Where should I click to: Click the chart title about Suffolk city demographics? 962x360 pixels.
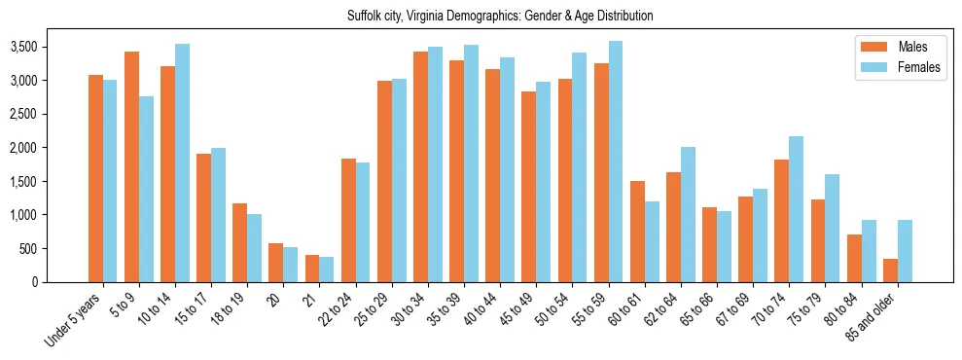click(x=500, y=17)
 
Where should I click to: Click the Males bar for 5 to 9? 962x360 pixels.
click(x=132, y=166)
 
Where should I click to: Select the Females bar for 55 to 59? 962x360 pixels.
click(x=615, y=162)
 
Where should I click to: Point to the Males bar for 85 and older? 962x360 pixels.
click(x=889, y=270)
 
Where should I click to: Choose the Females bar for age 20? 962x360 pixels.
click(x=291, y=265)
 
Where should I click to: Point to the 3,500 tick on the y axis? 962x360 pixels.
click(x=51, y=47)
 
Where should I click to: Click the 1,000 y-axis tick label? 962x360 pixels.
click(x=51, y=215)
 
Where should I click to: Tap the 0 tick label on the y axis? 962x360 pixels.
click(x=62, y=282)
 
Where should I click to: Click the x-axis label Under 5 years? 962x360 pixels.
click(x=75, y=321)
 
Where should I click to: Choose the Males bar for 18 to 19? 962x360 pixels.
click(x=240, y=242)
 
